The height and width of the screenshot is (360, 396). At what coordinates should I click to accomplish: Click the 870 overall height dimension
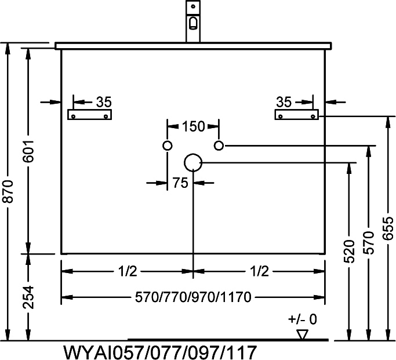(8, 191)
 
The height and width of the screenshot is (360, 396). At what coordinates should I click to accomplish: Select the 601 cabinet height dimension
(28, 151)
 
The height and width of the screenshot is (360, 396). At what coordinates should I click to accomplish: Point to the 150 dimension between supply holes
(193, 126)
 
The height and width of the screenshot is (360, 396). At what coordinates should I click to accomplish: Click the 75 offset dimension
(180, 183)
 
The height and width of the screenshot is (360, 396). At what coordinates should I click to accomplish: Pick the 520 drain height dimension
(350, 251)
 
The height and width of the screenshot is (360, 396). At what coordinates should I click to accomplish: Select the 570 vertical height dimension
(369, 242)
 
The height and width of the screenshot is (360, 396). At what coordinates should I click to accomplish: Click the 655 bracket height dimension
(388, 228)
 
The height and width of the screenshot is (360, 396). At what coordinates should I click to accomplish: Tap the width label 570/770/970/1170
(193, 297)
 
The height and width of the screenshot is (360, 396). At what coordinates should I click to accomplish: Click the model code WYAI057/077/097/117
(160, 352)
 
